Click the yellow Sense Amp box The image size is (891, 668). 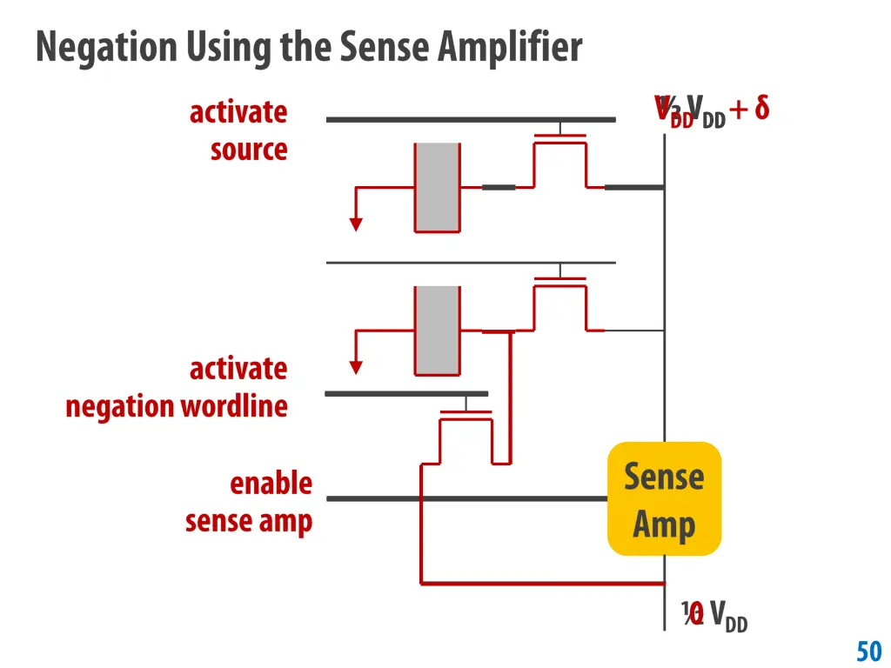point(664,498)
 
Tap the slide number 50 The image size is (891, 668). point(868,651)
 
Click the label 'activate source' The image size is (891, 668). point(239,130)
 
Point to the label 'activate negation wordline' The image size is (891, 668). point(178,387)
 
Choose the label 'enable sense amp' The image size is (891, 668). point(249,502)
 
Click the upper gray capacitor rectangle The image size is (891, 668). point(437,187)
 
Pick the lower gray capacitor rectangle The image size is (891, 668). point(437,331)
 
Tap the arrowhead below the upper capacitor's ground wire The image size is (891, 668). point(355,224)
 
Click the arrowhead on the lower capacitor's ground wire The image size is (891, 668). point(355,366)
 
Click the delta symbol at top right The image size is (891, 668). point(760,109)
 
